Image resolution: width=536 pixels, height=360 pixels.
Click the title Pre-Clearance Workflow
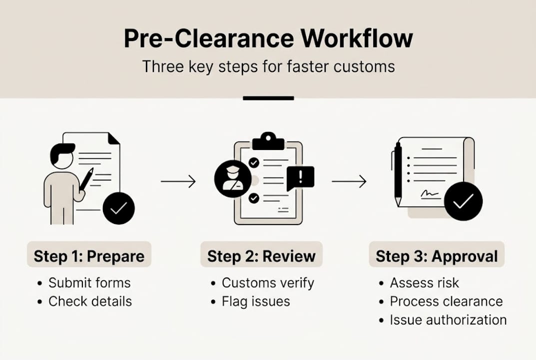268,39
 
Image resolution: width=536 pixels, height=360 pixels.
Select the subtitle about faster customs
268,66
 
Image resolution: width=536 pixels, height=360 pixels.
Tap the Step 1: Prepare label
89,256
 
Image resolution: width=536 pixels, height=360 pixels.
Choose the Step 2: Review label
261,256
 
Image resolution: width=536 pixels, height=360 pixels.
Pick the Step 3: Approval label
437,256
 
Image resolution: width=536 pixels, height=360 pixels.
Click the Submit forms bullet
89,283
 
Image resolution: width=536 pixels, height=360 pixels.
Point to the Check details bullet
90,301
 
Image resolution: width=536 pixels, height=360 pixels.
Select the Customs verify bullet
268,283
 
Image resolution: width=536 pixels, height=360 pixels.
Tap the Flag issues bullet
256,301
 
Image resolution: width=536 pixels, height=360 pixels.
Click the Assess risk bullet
424,283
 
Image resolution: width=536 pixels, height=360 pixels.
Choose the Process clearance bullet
446,301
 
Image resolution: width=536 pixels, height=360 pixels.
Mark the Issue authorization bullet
448,320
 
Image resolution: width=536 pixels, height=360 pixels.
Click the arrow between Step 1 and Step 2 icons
178,181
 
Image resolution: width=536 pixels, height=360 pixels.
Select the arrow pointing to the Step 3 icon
349,181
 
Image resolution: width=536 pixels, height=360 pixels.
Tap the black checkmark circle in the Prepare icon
118,208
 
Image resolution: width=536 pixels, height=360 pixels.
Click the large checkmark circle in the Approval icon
463,201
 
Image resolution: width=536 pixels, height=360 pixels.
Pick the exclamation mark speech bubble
300,177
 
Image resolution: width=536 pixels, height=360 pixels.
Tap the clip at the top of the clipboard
268,141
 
